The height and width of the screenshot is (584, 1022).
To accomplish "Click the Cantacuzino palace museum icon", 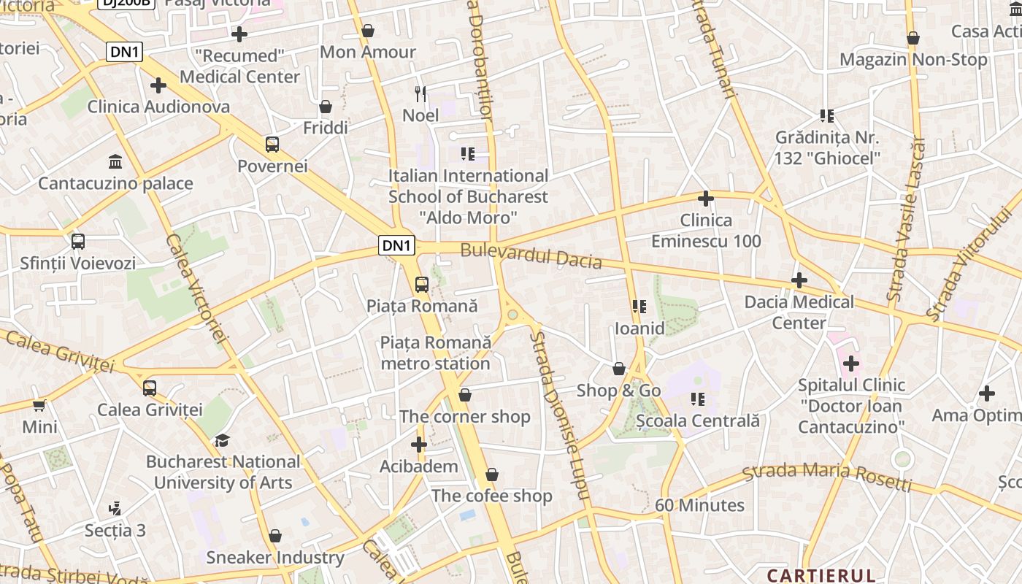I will [x=115, y=161].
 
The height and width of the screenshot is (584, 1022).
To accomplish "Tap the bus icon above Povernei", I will [x=272, y=144].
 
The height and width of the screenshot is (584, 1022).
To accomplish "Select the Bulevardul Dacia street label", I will [x=531, y=255].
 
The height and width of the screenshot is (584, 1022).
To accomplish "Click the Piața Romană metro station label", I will [x=435, y=353].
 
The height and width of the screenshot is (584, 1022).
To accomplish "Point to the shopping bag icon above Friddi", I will [x=326, y=107].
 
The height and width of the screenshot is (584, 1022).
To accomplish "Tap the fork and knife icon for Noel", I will [x=420, y=93].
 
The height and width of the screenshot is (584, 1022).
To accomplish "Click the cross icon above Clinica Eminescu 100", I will [x=705, y=199].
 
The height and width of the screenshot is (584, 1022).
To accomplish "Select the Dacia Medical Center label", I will [x=799, y=312].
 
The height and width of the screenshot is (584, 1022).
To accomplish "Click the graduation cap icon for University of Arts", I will [x=222, y=440].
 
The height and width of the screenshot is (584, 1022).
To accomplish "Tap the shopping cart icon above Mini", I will [x=39, y=404].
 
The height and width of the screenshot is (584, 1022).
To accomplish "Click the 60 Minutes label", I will [x=699, y=505].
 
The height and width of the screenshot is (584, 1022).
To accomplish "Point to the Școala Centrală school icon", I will [x=698, y=399].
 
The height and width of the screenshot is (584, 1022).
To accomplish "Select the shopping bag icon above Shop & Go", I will [x=618, y=369].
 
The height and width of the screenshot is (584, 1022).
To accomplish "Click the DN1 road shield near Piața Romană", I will [x=397, y=245].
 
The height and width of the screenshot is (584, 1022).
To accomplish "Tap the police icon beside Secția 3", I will [x=115, y=508].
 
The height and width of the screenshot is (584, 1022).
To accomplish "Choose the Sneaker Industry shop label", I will [x=274, y=557].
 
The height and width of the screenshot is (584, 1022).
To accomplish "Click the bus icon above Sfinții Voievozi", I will [x=78, y=241].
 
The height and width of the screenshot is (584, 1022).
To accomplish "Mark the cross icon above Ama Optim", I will [x=986, y=394].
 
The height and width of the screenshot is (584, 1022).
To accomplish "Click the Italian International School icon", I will [x=468, y=154].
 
